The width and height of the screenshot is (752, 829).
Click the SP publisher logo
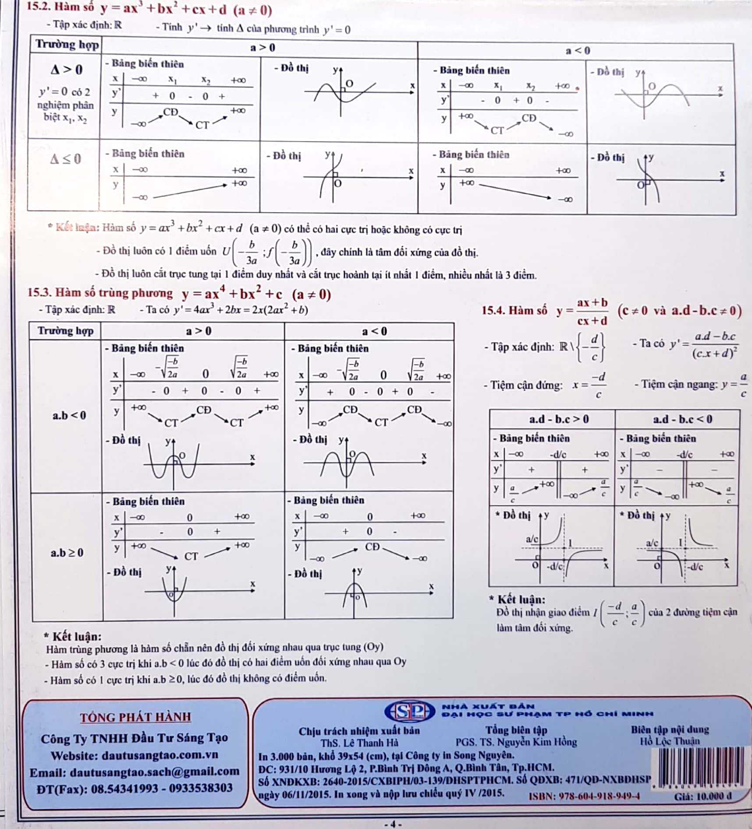pyautogui.click(x=409, y=711)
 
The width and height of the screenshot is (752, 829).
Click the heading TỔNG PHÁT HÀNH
pyautogui.click(x=135, y=717)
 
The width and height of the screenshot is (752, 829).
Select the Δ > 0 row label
pyautogui.click(x=67, y=70)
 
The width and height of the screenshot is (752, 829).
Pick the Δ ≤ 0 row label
pyautogui.click(x=66, y=159)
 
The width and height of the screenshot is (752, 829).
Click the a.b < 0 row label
pyautogui.click(x=69, y=415)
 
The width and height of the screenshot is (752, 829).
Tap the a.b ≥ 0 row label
pyautogui.click(x=67, y=553)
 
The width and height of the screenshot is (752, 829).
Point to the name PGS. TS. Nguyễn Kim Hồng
pyautogui.click(x=516, y=742)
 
